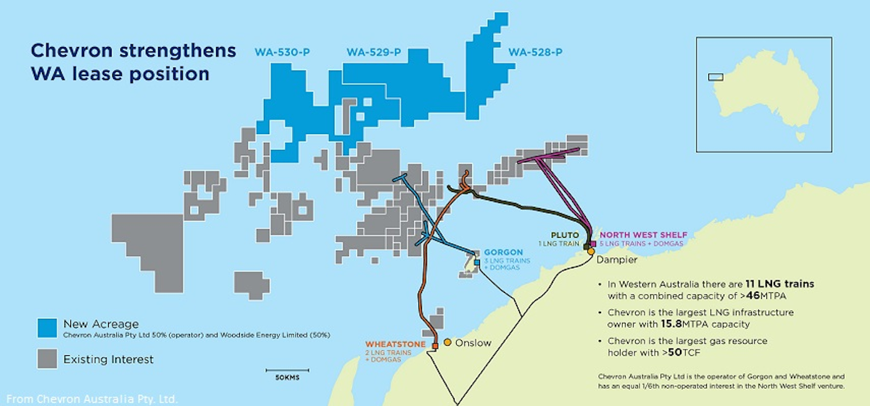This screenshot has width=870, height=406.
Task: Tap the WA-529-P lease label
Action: pyautogui.click(x=374, y=52)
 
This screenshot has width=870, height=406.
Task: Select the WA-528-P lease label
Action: pyautogui.click(x=536, y=52)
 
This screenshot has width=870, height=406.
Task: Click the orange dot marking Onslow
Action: pyautogui.click(x=448, y=342)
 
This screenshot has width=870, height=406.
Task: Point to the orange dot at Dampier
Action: pyautogui.click(x=591, y=251)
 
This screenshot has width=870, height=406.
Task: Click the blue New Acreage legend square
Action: pyautogui.click(x=48, y=328)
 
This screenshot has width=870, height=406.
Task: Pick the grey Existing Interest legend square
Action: pyautogui.click(x=48, y=358)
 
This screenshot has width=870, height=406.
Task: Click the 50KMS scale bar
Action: pyautogui.click(x=287, y=370)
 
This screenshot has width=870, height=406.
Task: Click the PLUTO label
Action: pyautogui.click(x=565, y=235)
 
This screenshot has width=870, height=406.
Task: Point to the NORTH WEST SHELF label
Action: pyautogui.click(x=643, y=235)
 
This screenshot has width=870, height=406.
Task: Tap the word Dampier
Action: pyautogui.click(x=614, y=259)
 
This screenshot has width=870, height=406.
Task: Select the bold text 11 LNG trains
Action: pyautogui.click(x=779, y=283)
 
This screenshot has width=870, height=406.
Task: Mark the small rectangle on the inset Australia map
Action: pyautogui.click(x=716, y=76)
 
